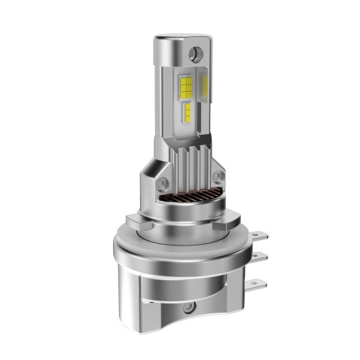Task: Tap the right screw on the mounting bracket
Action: [x=219, y=177]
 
